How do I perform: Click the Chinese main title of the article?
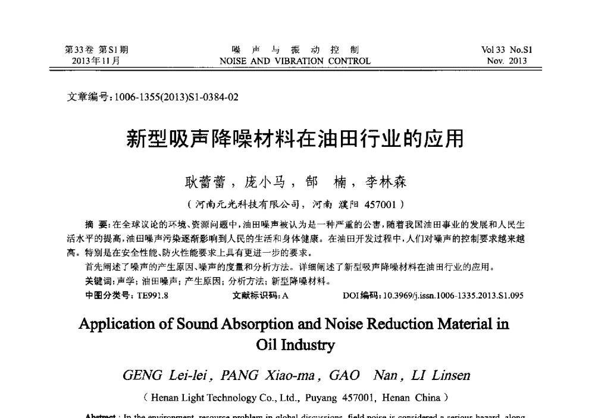[295, 139]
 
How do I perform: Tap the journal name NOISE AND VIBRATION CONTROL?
[295, 61]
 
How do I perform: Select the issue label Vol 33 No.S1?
[507, 50]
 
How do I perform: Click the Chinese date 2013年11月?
[96, 61]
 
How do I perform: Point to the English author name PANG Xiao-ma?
[251, 376]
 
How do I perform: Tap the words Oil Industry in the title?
[295, 345]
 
